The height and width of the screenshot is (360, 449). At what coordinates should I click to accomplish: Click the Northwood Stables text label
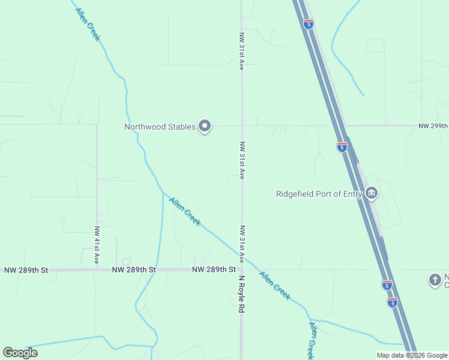pyautogui.click(x=160, y=127)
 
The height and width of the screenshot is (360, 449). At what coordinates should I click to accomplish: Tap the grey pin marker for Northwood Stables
pyautogui.click(x=205, y=126)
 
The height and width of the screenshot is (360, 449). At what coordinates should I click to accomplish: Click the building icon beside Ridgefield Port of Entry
pyautogui.click(x=372, y=193)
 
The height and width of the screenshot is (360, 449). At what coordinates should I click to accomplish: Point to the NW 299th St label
pyautogui.click(x=433, y=126)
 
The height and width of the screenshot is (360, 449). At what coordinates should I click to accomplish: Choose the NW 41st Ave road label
pyautogui.click(x=97, y=245)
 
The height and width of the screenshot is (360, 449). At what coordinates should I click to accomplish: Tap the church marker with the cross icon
pyautogui.click(x=435, y=280)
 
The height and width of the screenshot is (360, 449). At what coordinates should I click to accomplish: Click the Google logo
pyautogui.click(x=20, y=353)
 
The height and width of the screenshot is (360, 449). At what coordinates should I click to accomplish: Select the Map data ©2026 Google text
pyautogui.click(x=412, y=355)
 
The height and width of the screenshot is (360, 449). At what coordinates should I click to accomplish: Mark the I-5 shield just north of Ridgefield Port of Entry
pyautogui.click(x=342, y=146)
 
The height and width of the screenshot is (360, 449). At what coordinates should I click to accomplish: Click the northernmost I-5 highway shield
pyautogui.click(x=309, y=24)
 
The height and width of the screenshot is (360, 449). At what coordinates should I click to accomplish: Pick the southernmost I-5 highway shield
pyautogui.click(x=392, y=302)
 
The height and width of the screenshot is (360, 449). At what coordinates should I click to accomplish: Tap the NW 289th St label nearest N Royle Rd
pyautogui.click(x=214, y=270)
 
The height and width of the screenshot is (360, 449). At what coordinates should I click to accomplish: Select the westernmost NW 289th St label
pyautogui.click(x=26, y=271)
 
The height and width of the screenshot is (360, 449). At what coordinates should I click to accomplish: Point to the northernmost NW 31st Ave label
pyautogui.click(x=241, y=52)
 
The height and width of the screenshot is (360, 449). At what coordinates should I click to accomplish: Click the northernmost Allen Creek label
pyautogui.click(x=88, y=24)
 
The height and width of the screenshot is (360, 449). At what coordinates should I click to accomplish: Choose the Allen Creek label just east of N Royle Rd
pyautogui.click(x=275, y=286)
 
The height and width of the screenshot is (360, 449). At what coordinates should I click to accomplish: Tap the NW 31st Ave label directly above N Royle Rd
pyautogui.click(x=242, y=244)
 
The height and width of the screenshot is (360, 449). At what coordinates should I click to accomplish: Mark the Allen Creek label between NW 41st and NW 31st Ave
pyautogui.click(x=185, y=211)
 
